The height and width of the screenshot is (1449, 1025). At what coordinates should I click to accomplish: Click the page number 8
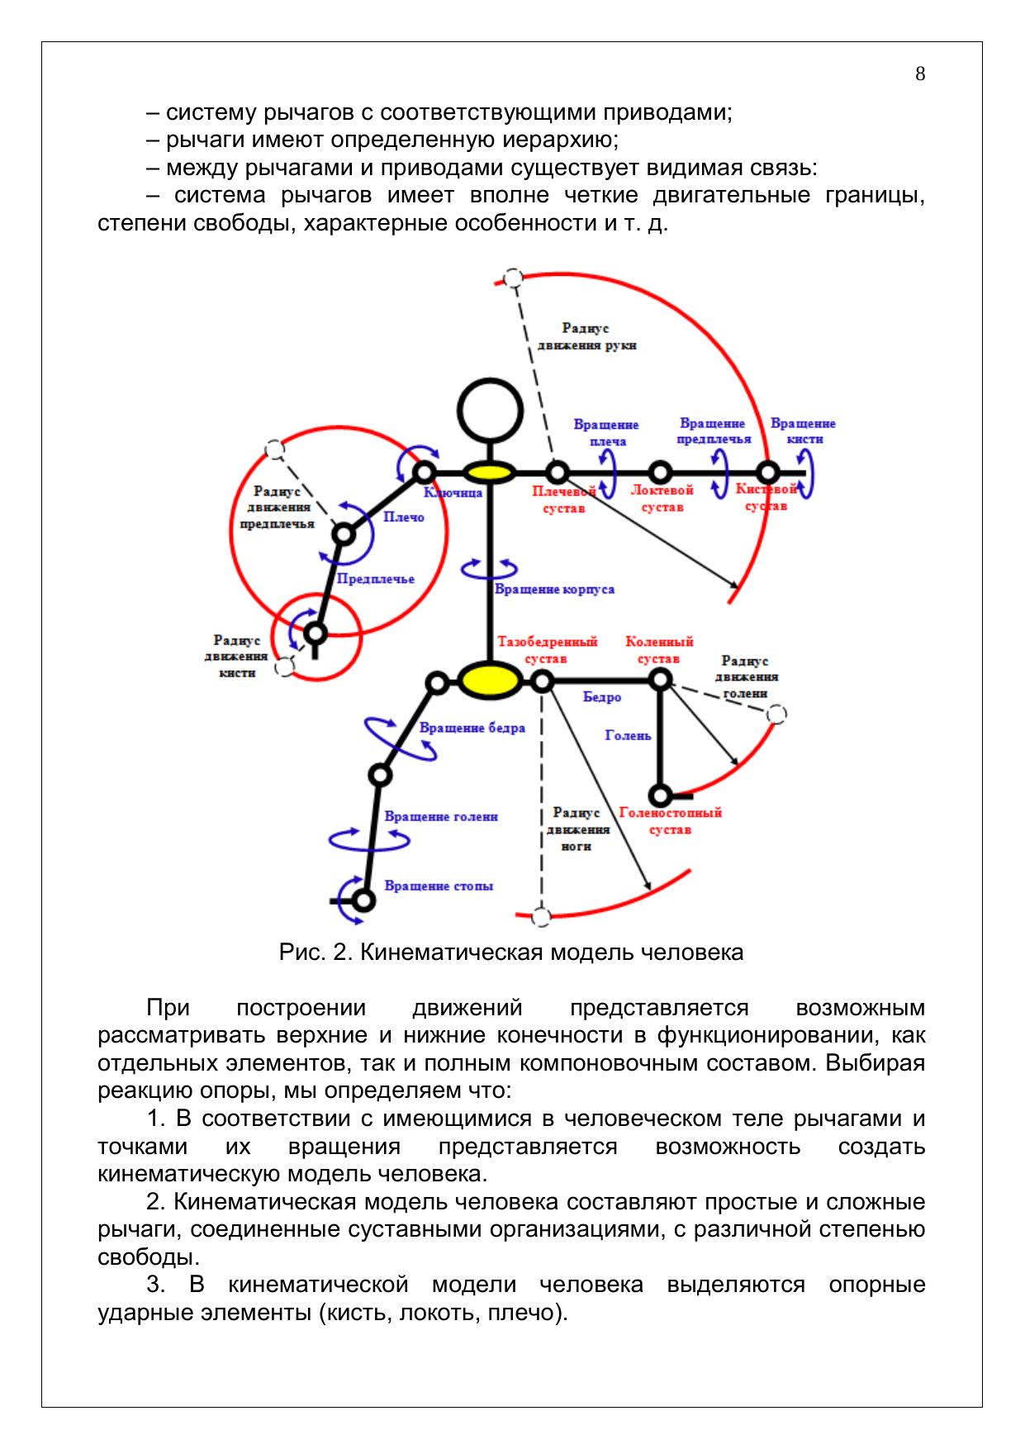point(920,74)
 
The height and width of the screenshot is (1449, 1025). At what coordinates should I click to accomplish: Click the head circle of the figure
point(491,411)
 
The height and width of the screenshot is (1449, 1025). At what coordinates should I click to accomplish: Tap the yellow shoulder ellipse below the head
point(489,473)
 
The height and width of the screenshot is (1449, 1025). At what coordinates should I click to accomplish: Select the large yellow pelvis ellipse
point(490,680)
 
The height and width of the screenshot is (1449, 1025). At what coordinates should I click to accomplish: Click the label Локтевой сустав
point(662,498)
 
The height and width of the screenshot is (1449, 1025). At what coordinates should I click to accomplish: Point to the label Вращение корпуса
point(554,589)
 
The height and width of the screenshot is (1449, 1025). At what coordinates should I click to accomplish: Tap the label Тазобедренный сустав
point(547,650)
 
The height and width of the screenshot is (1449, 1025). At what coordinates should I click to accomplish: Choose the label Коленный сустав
point(659,650)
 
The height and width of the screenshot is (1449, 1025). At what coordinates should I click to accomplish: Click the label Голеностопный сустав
point(670,821)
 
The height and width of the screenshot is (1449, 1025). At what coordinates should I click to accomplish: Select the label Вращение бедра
point(472,728)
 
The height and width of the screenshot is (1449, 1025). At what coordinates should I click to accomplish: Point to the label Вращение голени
point(441,816)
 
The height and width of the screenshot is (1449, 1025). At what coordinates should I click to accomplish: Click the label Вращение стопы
point(439,886)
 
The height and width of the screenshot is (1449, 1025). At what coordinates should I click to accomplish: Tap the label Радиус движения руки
point(586,337)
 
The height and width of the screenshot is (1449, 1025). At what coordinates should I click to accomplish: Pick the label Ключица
point(453,492)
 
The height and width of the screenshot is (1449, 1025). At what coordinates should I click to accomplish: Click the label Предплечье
point(376,579)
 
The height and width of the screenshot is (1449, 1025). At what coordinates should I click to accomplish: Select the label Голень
point(628,734)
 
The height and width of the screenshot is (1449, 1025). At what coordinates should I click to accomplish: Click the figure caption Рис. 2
point(511,952)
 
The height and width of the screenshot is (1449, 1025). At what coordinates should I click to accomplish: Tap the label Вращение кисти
point(803,431)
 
